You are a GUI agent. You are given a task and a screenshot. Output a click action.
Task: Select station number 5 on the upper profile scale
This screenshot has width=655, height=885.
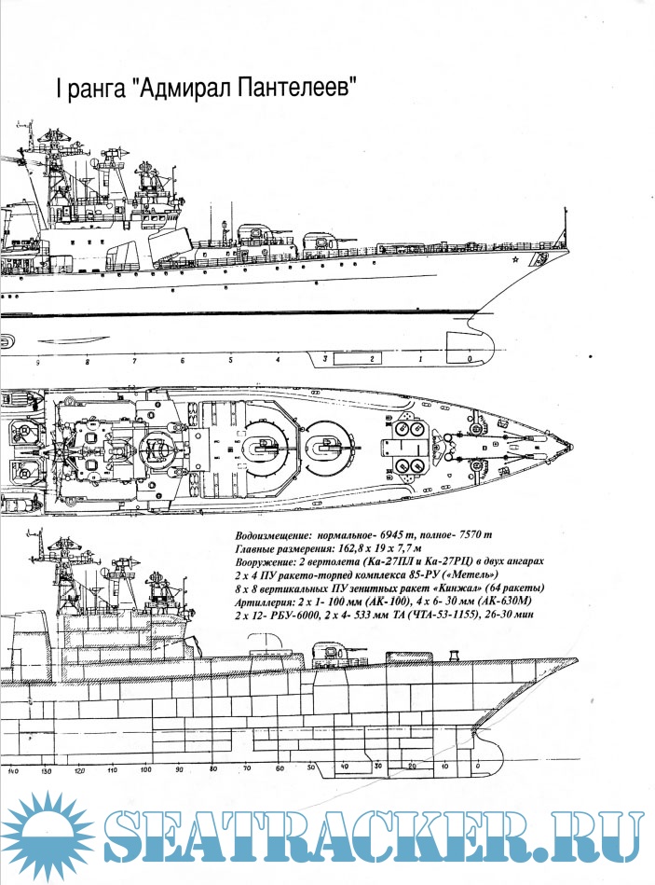point(229,359)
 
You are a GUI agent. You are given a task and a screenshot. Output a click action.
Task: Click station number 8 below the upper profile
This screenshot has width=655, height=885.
point(87,359)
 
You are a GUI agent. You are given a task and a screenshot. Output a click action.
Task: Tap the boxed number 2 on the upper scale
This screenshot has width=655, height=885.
point(372,358)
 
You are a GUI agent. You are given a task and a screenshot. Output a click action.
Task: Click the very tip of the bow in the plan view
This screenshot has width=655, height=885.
point(574,446)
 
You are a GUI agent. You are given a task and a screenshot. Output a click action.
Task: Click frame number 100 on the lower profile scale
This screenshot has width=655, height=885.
point(145,771)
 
